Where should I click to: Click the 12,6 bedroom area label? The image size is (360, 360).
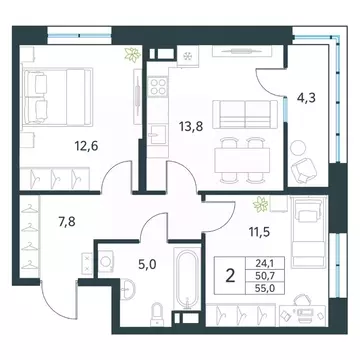(86, 146)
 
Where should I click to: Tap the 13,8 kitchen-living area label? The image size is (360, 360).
(190, 127)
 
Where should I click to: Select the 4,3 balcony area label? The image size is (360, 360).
(306, 98)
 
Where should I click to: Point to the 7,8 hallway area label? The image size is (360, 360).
(67, 221)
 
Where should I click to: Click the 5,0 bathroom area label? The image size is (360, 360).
(147, 265)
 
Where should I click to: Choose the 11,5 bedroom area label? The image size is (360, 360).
(259, 231)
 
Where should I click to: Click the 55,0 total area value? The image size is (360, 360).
(265, 287)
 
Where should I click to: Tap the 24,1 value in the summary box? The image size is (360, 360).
(265, 264)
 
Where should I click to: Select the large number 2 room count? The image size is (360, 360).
(230, 276)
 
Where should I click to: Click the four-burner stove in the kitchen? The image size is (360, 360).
(157, 86)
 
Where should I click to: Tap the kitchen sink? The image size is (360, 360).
(157, 134)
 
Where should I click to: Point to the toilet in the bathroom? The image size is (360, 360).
(156, 315)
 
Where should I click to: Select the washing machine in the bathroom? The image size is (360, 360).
(106, 261)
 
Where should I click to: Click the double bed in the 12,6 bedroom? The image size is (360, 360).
(57, 97)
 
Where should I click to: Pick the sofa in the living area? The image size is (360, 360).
(245, 114)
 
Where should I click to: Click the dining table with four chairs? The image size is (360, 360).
(242, 160)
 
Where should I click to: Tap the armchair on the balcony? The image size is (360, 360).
(304, 170)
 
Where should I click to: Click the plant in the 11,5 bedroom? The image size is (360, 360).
(261, 204)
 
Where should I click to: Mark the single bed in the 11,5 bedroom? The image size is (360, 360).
(308, 231)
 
